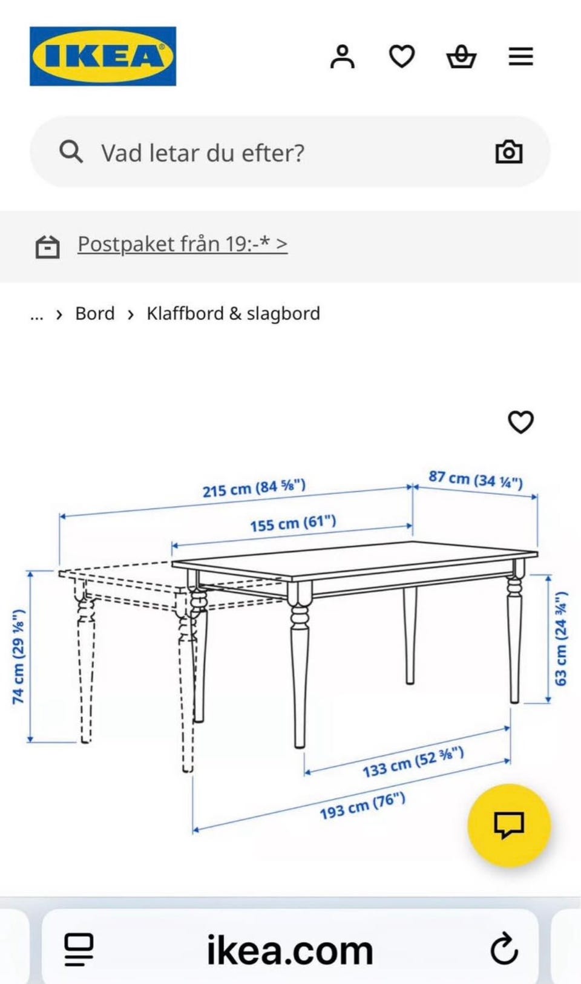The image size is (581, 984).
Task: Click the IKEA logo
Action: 103,56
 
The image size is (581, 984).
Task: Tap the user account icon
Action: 343,57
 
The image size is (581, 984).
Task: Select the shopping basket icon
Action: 461,57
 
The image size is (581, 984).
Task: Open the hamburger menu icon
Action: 521,57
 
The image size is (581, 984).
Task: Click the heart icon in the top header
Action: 402,57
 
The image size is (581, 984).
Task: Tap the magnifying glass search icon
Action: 71,152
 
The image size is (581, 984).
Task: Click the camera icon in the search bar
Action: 509,152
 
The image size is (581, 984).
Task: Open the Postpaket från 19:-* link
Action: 182,244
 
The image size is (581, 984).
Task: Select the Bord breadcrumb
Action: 95,314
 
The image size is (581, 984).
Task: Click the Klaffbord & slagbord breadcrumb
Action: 234,314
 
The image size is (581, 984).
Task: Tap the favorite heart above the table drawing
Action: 521,422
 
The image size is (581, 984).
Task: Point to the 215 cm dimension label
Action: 254,488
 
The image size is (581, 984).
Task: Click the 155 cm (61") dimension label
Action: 293,523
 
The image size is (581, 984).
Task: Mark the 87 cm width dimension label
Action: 476,479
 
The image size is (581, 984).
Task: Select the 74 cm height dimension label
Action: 18,657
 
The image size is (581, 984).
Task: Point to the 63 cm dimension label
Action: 561,639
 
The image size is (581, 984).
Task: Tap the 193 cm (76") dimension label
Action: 363,806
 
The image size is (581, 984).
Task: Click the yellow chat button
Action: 509,825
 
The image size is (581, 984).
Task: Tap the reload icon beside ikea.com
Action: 504,950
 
